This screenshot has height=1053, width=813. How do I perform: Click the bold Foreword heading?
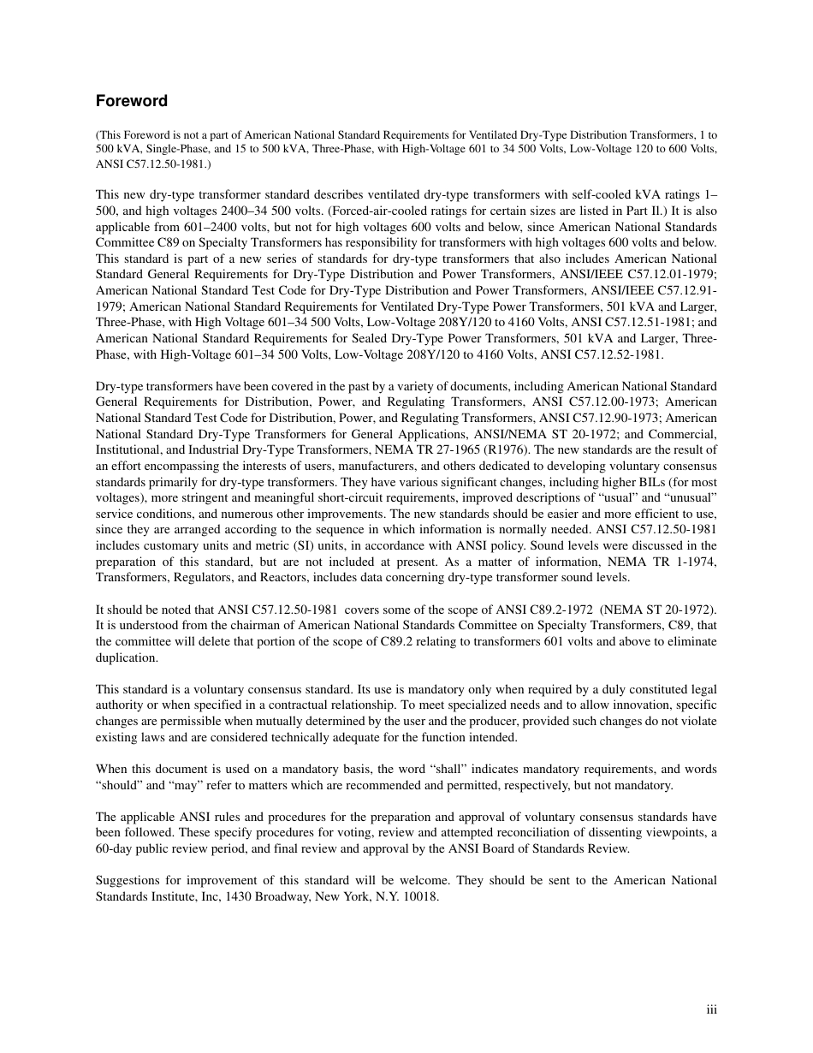[x=131, y=101]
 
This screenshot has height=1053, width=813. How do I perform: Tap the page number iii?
[x=711, y=1010]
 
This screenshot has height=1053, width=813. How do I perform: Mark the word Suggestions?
[x=128, y=881]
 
